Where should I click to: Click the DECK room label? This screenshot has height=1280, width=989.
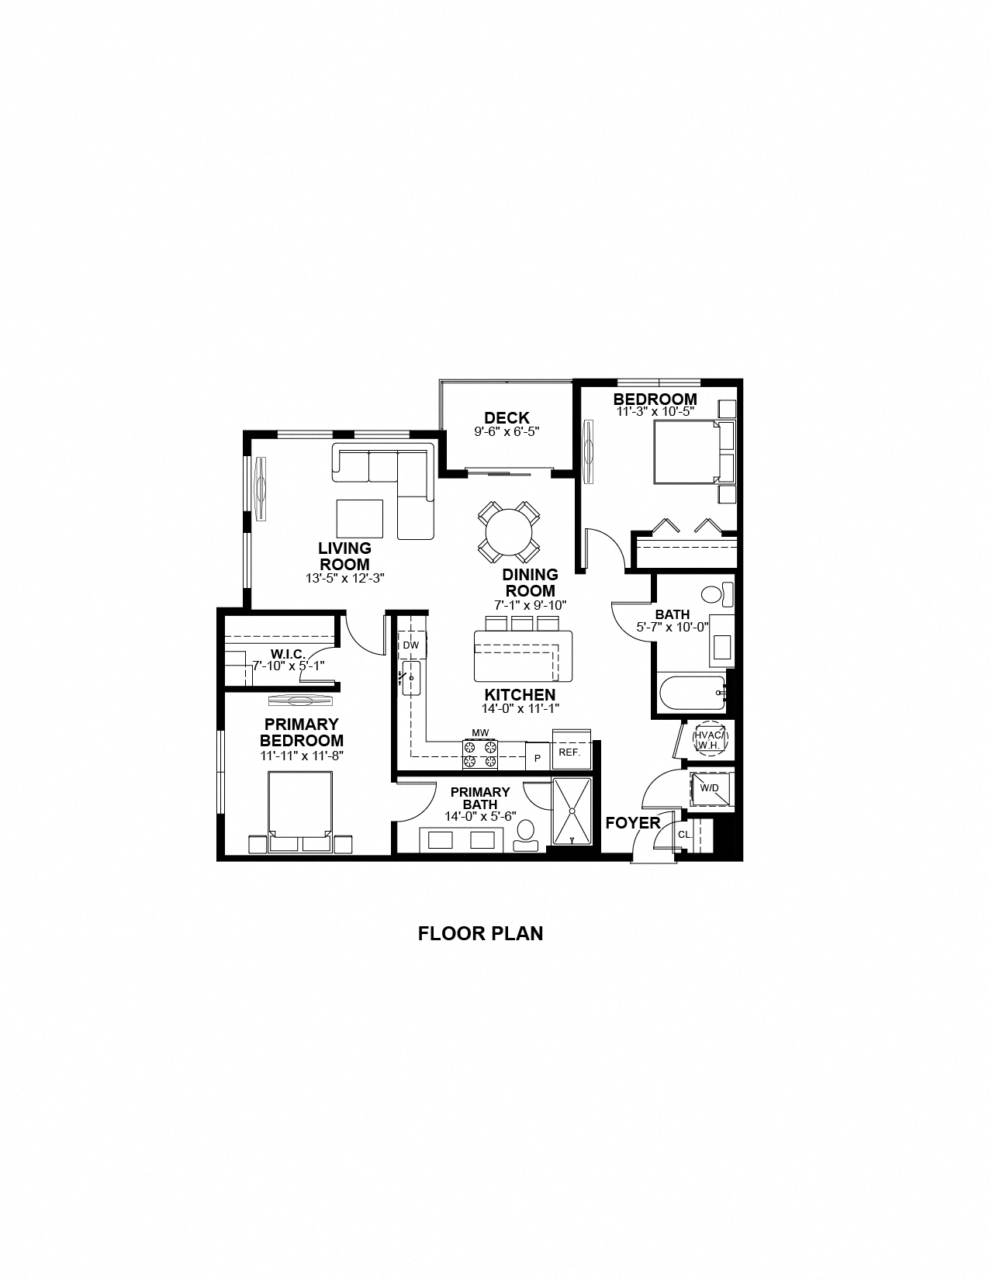click(x=507, y=418)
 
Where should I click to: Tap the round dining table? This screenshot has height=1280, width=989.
click(x=509, y=532)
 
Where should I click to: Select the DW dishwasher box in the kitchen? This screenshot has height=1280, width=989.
click(x=411, y=645)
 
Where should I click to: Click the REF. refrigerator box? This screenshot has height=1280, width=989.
click(x=570, y=752)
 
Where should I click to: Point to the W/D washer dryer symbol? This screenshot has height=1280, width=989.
click(x=709, y=788)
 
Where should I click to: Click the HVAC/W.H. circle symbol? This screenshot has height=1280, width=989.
click(x=708, y=739)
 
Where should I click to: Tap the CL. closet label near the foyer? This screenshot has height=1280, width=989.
click(x=684, y=835)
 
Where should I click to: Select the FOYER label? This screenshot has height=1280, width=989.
click(x=633, y=823)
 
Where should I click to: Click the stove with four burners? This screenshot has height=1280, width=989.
click(x=480, y=754)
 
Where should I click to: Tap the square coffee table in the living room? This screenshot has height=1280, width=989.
click(x=360, y=518)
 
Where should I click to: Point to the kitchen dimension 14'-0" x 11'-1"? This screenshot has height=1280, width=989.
click(x=520, y=708)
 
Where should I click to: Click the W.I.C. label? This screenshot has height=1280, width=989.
click(x=287, y=654)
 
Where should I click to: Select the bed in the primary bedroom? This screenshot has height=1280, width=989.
click(x=300, y=807)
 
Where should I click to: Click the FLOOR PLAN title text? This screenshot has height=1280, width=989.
click(x=480, y=933)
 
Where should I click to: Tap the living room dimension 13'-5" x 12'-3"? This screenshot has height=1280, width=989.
click(x=345, y=578)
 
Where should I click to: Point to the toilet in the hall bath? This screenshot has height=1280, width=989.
click(x=716, y=595)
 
